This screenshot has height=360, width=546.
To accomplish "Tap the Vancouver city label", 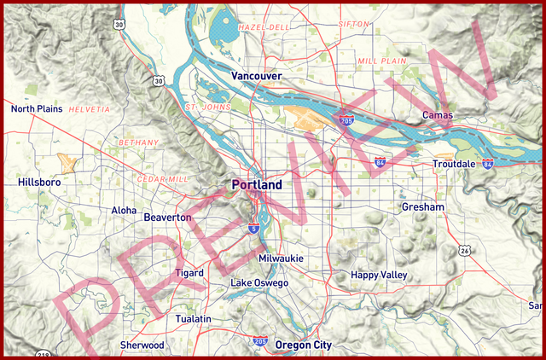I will pyautogui.click(x=256, y=76).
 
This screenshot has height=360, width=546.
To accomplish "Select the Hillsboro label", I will pyautogui.click(x=39, y=182).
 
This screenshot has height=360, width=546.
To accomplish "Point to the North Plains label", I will pyautogui.click(x=37, y=109).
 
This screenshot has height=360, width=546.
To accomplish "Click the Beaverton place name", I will pyautogui.click(x=167, y=218).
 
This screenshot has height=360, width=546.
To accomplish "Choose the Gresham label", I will pyautogui.click(x=423, y=207).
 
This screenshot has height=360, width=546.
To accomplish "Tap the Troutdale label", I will pyautogui.click(x=454, y=164).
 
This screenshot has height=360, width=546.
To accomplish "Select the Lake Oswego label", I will pyautogui.click(x=259, y=282).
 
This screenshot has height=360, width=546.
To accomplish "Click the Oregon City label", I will pyautogui.click(x=303, y=345).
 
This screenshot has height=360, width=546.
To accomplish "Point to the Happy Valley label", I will pyautogui.click(x=379, y=275).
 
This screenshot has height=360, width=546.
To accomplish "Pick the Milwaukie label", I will pyautogui.click(x=281, y=258).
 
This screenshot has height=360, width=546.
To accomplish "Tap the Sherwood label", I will pyautogui.click(x=142, y=345).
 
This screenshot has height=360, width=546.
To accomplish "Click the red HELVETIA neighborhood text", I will pyautogui.click(x=90, y=110).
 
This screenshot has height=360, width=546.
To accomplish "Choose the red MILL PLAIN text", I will pyautogui.click(x=381, y=61).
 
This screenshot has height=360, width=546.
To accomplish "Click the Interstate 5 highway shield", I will pyautogui.click(x=254, y=228).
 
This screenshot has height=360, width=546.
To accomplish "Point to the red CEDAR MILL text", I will pyautogui.click(x=161, y=180).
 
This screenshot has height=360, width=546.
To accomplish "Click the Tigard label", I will pyautogui.click(x=189, y=273).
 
